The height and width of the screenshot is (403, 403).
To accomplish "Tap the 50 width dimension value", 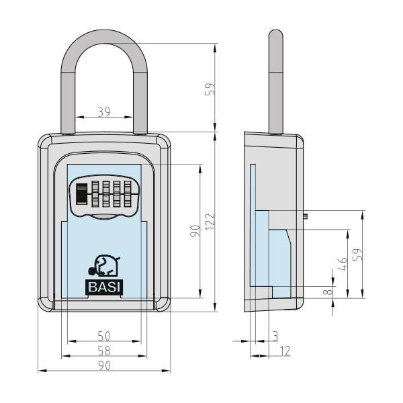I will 103,335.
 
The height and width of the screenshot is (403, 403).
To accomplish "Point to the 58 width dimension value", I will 103,351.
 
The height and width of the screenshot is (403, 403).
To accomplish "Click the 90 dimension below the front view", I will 103,365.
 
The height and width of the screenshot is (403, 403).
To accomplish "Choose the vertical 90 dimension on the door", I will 193,232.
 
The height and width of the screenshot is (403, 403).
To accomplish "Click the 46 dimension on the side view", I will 343,264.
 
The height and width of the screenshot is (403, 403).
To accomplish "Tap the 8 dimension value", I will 326,292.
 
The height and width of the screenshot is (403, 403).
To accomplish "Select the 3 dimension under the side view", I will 276,334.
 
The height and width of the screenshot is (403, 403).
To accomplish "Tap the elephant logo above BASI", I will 104,265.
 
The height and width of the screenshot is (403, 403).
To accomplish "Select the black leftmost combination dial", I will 81,194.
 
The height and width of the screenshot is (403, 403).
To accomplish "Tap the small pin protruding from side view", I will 307,216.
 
